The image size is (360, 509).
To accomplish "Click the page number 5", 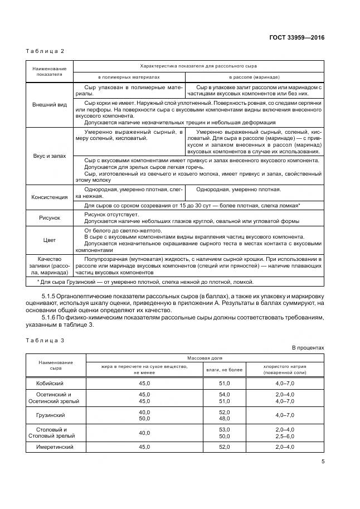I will tap(323, 461).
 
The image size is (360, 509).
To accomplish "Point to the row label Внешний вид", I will tap(50, 104).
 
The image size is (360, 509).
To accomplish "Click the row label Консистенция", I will tap(50, 197).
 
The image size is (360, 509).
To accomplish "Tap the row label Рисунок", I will tap(50, 218).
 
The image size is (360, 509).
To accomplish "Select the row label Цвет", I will tap(50, 240).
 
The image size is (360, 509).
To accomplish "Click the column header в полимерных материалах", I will tap(129, 77).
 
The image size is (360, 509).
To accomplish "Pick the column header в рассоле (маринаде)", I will tap(254, 77).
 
